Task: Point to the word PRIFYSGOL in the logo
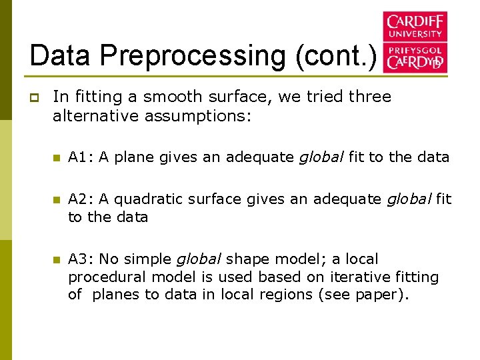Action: click(415, 49)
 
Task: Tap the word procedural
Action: click(108, 277)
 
